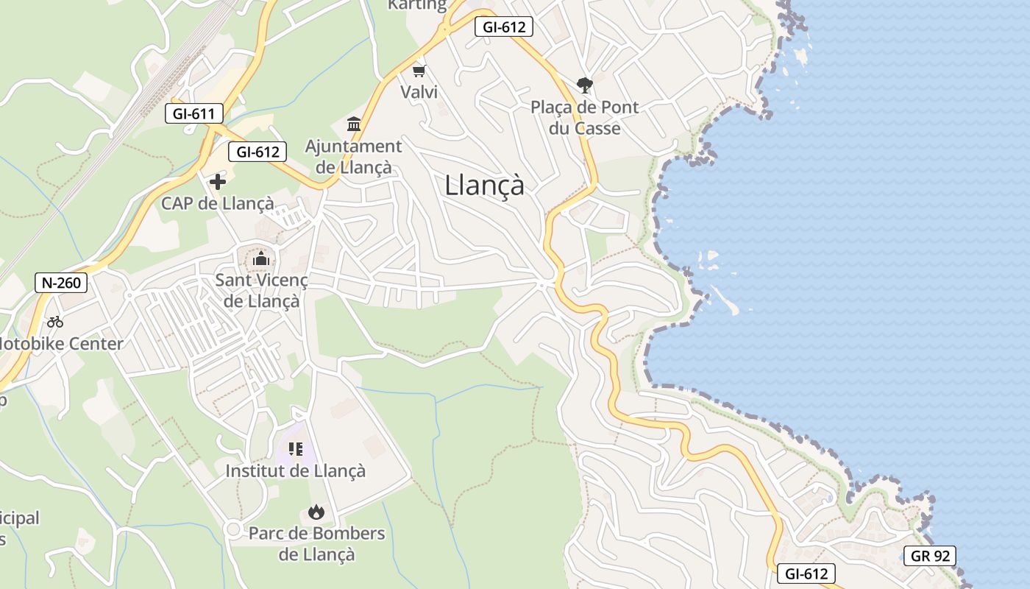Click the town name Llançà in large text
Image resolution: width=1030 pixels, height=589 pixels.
484,186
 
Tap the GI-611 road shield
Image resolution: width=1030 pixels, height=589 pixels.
193,113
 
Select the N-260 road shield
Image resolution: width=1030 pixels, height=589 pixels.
61,282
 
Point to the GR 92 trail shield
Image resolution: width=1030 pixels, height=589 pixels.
930,556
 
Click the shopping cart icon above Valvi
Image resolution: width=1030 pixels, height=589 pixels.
419,71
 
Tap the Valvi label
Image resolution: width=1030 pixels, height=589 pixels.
419,92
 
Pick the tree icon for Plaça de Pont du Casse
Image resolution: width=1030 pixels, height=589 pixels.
585,85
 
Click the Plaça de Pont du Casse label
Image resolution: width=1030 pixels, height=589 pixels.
585,118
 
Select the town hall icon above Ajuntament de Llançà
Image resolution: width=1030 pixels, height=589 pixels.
354,124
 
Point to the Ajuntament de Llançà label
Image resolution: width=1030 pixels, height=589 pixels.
354,157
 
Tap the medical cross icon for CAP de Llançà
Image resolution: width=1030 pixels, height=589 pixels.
218,181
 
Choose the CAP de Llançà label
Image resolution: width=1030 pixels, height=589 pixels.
218,203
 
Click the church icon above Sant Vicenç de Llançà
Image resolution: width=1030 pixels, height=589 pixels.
260,258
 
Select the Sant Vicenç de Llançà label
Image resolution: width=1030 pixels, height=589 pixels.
261,291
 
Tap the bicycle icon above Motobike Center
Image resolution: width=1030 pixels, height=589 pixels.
54,321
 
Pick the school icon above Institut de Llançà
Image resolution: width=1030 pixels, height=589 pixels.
295,448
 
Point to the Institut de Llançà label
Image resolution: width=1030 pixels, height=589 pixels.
295,470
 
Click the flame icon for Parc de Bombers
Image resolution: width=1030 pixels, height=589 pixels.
316,512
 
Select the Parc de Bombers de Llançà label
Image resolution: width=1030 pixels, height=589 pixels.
316,543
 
